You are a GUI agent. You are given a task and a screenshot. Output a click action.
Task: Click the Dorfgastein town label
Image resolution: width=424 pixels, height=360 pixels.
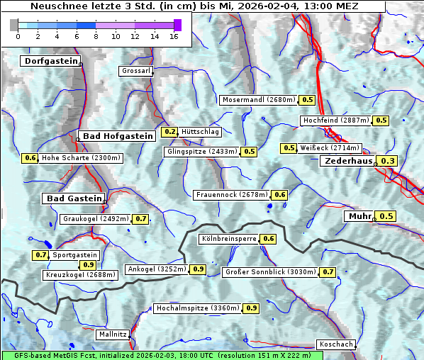pos(49,62)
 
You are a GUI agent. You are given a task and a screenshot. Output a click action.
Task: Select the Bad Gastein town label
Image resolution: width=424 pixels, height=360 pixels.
pos(74,198)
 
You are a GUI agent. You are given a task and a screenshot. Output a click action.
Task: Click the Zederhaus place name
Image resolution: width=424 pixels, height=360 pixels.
pos(348,162)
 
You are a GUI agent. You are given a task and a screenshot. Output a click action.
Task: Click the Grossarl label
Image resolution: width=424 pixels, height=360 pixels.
pos(135,72)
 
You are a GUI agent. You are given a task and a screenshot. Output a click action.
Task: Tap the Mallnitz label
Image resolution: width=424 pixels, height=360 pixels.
pos(112,334)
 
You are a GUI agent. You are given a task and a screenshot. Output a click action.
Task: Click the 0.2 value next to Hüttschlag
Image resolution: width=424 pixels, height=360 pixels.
pos(170,132)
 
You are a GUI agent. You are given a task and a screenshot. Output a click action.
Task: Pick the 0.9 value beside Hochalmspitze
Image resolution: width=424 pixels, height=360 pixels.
pos(252,308)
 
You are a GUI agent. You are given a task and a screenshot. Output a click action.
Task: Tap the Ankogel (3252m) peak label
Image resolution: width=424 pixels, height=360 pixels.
pos(156,269)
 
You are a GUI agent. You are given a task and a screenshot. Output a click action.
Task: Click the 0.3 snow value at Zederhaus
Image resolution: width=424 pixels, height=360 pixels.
pos(388,162)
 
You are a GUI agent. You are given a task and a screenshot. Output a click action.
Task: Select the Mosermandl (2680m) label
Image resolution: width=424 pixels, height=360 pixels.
pos(258,100)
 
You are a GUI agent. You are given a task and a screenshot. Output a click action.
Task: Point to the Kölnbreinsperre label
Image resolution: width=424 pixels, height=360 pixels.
pos(228,240)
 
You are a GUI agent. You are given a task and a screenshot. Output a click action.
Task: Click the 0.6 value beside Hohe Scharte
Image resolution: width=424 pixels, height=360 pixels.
pos(30,158)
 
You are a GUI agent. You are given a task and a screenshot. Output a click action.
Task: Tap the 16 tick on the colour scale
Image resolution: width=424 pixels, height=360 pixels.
pos(173,35)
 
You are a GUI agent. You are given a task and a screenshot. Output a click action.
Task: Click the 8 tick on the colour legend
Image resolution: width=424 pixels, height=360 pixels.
pos(96,35)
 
